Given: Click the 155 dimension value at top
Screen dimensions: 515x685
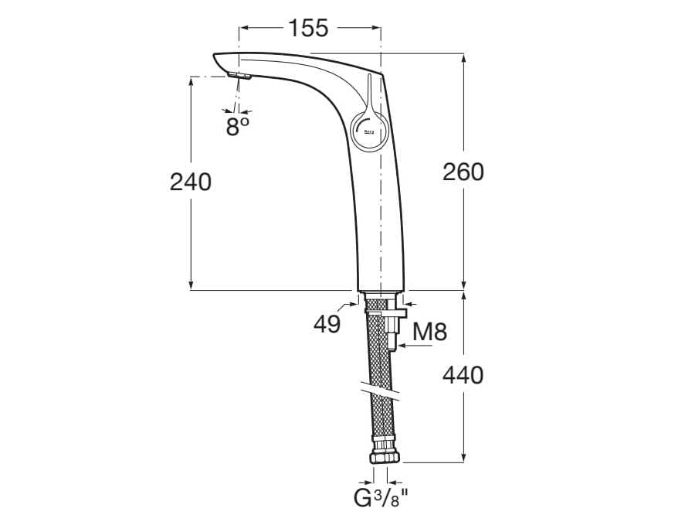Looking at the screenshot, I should click(309, 28).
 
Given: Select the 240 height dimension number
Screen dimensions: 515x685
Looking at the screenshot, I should click(190, 182).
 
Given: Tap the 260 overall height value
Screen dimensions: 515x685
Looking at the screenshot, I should click(463, 172).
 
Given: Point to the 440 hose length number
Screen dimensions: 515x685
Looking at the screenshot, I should click(463, 376).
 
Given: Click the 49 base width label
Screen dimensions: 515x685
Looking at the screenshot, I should click(327, 324).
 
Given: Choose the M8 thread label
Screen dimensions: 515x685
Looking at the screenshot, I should click(429, 333).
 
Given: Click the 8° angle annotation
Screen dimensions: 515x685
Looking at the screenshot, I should click(238, 126).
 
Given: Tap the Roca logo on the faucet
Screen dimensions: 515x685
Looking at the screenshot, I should click(368, 134).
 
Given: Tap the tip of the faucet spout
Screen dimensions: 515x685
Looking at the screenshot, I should click(217, 59).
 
